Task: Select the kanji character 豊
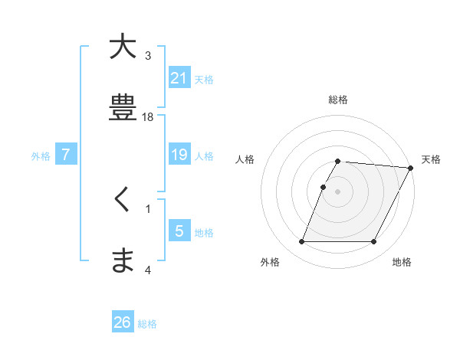coord(123,107)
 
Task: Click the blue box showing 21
coord(179,77)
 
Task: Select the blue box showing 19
coord(179,155)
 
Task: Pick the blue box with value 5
coord(179,231)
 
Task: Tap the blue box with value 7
coord(67,155)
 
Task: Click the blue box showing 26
coord(123,322)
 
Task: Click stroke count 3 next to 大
coord(148,56)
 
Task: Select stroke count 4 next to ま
coord(148,270)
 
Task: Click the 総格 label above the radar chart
coord(338,100)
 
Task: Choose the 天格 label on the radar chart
coord(431,159)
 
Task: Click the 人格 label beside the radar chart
coord(245,159)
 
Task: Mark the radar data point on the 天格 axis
coord(411,168)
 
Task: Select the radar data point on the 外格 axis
coord(302,242)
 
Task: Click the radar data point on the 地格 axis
coord(374,242)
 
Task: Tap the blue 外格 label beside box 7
coord(41,155)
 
